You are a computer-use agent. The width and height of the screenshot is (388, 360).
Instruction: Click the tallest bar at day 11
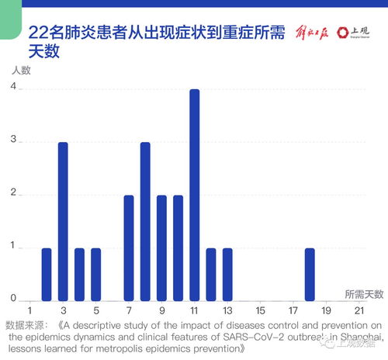click(x=194, y=195)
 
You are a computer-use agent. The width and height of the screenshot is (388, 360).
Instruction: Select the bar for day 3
click(x=63, y=221)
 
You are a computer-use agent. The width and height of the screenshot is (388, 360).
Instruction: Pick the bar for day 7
click(x=129, y=247)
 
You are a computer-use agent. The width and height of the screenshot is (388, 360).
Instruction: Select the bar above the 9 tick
click(x=161, y=247)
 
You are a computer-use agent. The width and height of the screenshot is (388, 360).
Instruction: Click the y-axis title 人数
click(x=21, y=69)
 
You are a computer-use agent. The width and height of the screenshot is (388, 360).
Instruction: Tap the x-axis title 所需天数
click(x=364, y=295)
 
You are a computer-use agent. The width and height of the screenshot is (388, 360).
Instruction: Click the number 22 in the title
click(x=39, y=33)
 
